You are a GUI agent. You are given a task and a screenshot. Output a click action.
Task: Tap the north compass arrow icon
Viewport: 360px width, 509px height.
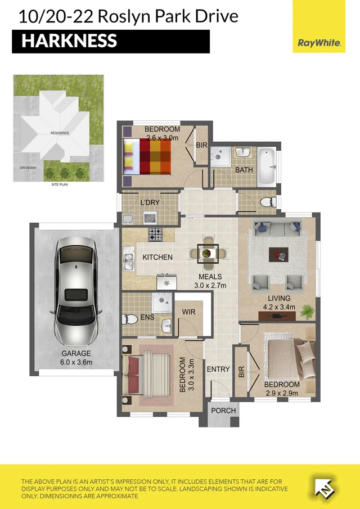[x=325, y=487]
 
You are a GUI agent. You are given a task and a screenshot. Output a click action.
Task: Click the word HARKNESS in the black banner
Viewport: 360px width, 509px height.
[x=69, y=41]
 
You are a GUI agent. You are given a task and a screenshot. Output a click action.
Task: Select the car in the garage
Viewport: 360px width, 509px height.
[x=76, y=292]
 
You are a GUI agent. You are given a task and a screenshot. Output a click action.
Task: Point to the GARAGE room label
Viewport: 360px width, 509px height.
[x=76, y=353]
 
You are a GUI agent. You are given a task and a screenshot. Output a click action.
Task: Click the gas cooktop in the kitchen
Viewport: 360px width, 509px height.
[x=155, y=234]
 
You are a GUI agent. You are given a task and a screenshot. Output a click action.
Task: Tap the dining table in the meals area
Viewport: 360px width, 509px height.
[x=208, y=253]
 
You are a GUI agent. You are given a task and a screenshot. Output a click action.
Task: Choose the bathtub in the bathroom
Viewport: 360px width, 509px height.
[x=267, y=167]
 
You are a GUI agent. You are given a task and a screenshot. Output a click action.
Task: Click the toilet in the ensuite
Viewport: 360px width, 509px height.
[x=130, y=319]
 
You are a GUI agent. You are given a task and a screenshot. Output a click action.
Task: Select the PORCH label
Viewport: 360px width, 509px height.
[x=223, y=411]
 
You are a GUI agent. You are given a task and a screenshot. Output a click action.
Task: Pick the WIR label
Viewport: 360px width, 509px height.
[x=188, y=312]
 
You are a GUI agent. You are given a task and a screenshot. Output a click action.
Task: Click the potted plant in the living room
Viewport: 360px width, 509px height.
[x=307, y=312]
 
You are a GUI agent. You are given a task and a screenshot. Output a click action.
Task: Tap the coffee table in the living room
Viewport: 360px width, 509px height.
[x=278, y=254]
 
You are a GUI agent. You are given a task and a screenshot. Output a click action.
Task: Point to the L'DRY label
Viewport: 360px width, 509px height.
[x=150, y=202]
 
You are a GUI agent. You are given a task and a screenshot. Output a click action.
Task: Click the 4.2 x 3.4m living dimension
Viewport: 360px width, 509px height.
[x=279, y=307]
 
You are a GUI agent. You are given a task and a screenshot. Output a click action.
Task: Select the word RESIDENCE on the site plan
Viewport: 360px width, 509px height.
[x=60, y=133]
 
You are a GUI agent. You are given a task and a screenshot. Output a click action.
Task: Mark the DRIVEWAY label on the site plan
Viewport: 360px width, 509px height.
[x=28, y=168]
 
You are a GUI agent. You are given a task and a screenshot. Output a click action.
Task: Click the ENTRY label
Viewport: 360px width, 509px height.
[x=218, y=369]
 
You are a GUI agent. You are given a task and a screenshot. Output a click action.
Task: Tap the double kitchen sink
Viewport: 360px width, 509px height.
[x=129, y=258]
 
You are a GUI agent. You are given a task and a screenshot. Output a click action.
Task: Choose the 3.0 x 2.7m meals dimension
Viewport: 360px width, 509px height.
[x=210, y=286]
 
